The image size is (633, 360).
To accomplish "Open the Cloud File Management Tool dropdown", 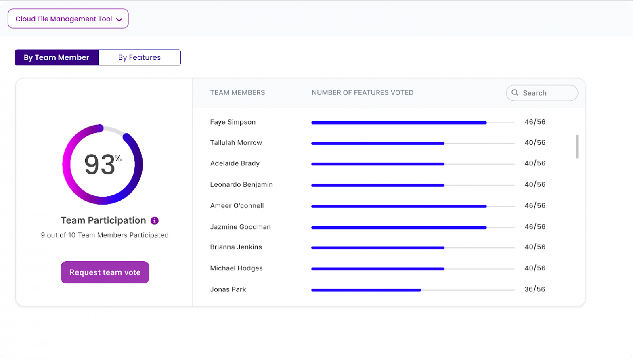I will tap(68, 19).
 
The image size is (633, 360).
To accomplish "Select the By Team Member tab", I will tap(57, 57).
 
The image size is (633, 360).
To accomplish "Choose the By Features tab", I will tap(139, 57).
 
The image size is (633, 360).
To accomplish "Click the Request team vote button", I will tap(105, 272).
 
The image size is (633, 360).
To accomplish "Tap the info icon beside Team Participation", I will tap(155, 221).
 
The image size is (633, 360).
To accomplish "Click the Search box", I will tap(542, 93).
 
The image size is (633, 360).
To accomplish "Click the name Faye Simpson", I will tap(233, 122).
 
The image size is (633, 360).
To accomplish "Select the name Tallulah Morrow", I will tap(236, 143).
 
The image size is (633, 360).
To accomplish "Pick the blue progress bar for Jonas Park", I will tap(366, 290).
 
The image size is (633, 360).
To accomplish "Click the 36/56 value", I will tap(534, 289).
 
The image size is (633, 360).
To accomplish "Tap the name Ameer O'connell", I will tap(237, 206).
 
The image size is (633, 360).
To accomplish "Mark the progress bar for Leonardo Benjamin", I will tap(378, 185).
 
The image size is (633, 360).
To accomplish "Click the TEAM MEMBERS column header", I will tap(237, 93).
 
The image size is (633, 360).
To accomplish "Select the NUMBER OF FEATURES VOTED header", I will tap(363, 93).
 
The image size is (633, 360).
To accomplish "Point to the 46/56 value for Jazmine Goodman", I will tap(535, 227).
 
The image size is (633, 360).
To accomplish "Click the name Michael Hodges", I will tap(236, 268).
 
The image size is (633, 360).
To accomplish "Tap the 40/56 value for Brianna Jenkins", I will tap(535, 247).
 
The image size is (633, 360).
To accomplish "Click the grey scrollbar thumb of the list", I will tap(577, 147).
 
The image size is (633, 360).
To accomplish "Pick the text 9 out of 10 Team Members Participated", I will tap(105, 235).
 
